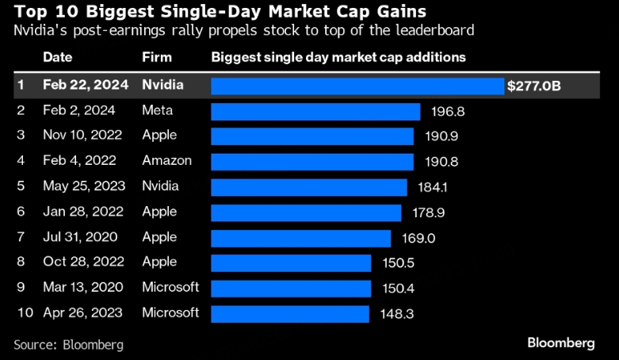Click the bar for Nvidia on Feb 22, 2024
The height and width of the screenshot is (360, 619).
(x=357, y=85)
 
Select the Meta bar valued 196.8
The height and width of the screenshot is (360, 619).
(x=315, y=111)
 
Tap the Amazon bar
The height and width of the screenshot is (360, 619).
(x=312, y=161)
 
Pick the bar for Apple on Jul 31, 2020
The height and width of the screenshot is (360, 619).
(x=300, y=237)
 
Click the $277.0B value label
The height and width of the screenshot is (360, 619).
(x=533, y=85)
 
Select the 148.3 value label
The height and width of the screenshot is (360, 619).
(x=395, y=313)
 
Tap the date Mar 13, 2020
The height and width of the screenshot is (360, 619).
(x=77, y=287)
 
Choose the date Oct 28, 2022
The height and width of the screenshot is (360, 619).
(x=77, y=262)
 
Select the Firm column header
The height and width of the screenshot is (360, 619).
(x=156, y=58)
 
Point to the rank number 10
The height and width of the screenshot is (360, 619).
(x=25, y=312)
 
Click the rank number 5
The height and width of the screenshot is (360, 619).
(x=21, y=186)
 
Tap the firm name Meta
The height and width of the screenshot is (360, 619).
(x=157, y=110)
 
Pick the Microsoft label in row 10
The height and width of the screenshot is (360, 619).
(x=170, y=312)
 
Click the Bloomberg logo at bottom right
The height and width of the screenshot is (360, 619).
(x=560, y=343)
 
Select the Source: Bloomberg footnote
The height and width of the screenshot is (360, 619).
(x=69, y=344)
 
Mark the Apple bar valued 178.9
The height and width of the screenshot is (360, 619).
(x=306, y=212)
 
